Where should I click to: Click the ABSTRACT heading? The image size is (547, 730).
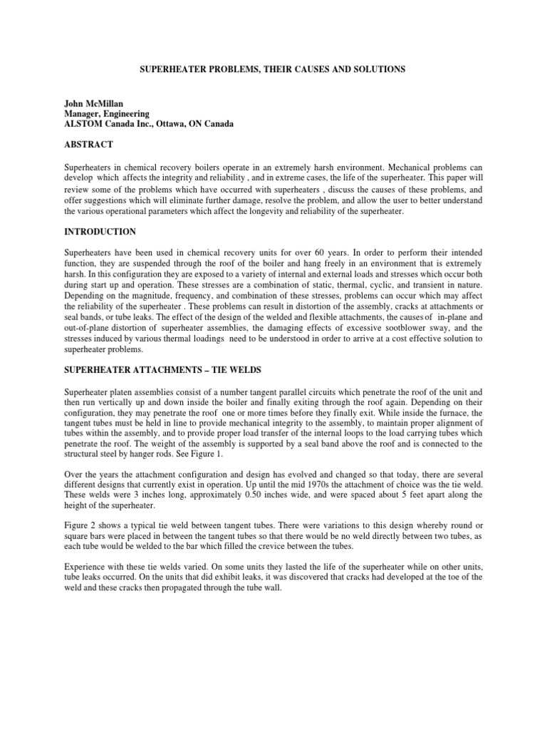pos(88,145)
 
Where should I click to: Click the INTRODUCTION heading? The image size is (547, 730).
pos(100,232)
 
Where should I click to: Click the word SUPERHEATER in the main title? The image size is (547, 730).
pos(169,69)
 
